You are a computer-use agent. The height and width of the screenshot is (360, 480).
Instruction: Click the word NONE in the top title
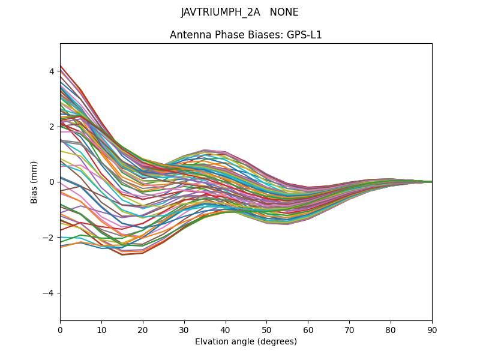[x=284, y=13]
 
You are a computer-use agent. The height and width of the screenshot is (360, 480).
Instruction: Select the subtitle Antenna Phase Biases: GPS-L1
[x=246, y=35]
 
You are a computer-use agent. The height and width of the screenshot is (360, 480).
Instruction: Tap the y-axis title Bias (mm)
[x=34, y=182]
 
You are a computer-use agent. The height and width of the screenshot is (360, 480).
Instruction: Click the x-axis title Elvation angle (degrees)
[x=246, y=341]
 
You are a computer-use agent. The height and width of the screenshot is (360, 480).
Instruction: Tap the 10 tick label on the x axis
[x=101, y=329]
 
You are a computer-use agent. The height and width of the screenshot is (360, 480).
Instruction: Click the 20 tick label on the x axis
[x=143, y=329]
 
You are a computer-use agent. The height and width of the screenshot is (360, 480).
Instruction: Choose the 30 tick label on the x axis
[x=184, y=329]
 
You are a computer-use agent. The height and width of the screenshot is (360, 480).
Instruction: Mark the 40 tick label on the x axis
[x=226, y=329]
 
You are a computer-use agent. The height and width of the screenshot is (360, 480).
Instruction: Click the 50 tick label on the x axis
[x=266, y=329]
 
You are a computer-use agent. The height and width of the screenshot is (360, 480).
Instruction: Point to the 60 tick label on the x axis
[x=308, y=329]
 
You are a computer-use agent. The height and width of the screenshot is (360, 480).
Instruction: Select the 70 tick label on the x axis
[x=349, y=329]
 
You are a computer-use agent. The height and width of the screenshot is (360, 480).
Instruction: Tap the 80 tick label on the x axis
[x=391, y=329]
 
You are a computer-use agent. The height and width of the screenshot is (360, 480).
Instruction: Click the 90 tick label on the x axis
[x=432, y=329]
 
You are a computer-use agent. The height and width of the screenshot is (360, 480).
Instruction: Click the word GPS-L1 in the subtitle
[x=304, y=35]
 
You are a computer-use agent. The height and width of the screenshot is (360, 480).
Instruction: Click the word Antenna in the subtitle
[x=189, y=35]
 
